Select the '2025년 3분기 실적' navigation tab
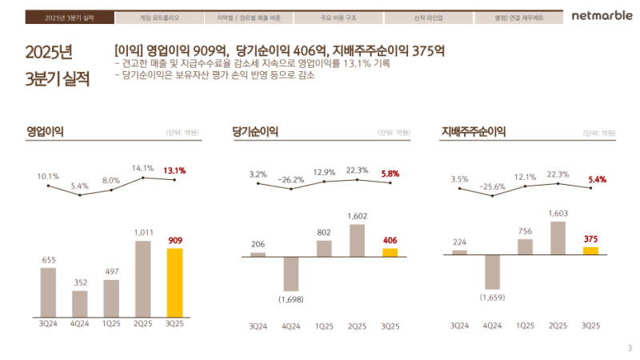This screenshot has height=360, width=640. tap(70, 17)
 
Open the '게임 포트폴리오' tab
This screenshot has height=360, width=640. tap(159, 17)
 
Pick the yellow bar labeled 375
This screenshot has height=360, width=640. tap(590, 250)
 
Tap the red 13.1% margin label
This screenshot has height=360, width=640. tap(174, 170)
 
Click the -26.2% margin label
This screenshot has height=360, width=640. tap(291, 180)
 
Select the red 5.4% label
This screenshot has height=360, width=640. tap(596, 180)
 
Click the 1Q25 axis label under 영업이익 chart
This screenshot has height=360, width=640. tap(111, 325)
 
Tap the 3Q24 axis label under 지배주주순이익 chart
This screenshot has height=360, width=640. tap(459, 326)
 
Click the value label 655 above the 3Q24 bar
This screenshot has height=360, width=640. tap(48, 259)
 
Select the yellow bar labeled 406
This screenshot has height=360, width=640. tap(389, 252)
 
